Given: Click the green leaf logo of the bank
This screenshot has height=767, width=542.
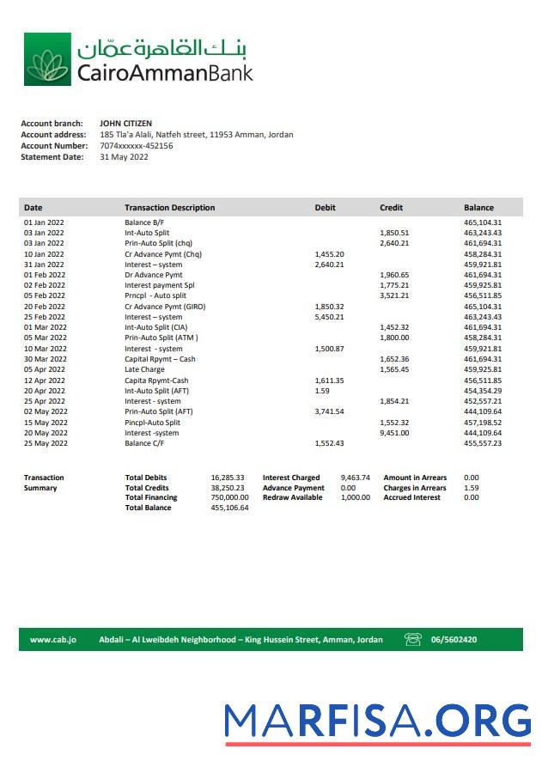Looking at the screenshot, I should (47, 60).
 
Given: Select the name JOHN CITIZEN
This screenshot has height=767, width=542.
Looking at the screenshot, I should (126, 124).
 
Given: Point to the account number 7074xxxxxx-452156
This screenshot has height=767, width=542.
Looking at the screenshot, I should (137, 146).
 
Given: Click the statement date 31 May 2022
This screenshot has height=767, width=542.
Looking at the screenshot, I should (125, 157).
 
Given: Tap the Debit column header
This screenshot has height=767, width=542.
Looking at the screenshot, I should (326, 208).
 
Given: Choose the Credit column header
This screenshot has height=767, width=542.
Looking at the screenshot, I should (391, 208).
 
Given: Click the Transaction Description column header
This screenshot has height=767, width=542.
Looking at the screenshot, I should (169, 208).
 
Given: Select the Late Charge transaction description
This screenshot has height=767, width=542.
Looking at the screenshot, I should (144, 370).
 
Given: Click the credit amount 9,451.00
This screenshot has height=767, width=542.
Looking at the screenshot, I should (394, 433).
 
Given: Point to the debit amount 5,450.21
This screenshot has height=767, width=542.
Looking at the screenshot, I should (330, 317).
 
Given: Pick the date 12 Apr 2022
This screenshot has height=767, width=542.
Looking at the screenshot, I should (44, 380).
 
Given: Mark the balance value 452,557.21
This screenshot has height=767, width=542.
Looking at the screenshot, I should (483, 401).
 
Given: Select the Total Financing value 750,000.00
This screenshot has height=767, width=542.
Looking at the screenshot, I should (229, 497).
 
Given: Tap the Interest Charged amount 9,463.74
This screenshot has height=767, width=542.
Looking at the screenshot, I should (356, 478).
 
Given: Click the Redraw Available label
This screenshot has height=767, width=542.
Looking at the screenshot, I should (292, 497).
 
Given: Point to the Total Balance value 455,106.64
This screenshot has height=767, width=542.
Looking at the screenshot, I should (229, 508).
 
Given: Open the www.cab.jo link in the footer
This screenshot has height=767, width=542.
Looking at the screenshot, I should (53, 640).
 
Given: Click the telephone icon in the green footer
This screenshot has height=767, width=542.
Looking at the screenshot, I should (413, 640).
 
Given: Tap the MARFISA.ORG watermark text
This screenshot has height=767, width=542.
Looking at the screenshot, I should (377, 721).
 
